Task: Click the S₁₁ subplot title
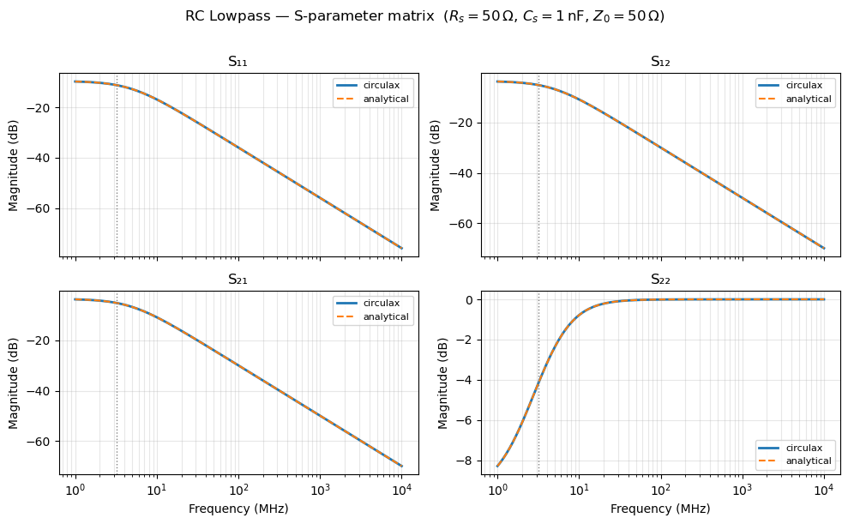[238, 62]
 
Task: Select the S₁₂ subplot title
[660, 62]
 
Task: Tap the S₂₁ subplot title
[238, 280]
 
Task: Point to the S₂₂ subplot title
[660, 280]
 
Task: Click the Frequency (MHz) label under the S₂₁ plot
[238, 509]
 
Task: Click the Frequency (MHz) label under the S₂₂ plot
[660, 509]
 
